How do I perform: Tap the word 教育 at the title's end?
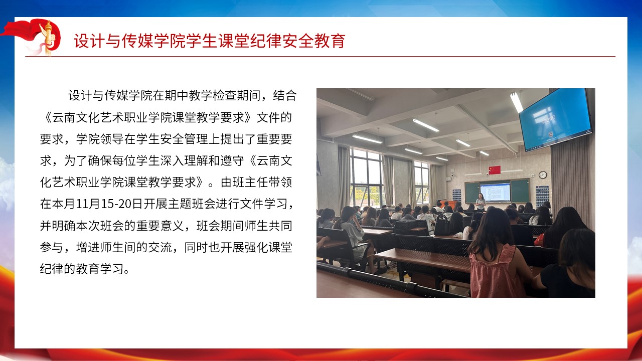[x=330, y=41]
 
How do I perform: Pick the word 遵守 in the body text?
[x=232, y=160]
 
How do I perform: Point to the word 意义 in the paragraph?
[x=172, y=226]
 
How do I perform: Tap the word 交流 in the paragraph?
[x=160, y=247]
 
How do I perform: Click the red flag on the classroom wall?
[x=495, y=170]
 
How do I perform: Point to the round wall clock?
[x=543, y=175]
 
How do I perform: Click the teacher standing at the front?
[x=480, y=202]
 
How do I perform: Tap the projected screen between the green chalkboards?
[x=495, y=192]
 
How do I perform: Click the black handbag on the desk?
[x=442, y=225]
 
